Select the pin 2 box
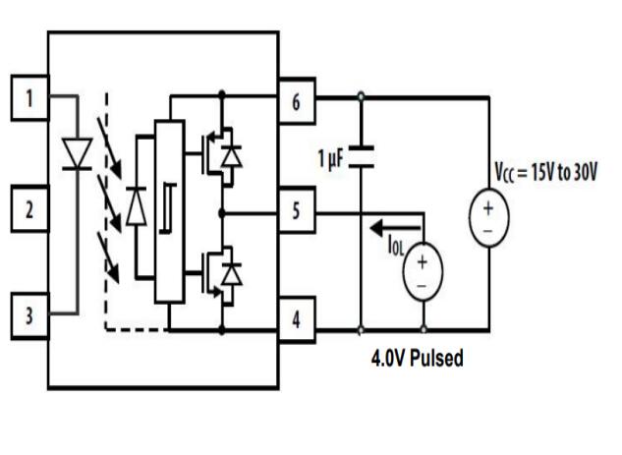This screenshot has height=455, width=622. point(29,208)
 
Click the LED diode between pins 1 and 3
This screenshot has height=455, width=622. point(77,153)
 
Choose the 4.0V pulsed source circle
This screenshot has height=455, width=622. point(424,270)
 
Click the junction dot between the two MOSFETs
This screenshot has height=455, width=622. point(221,211)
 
